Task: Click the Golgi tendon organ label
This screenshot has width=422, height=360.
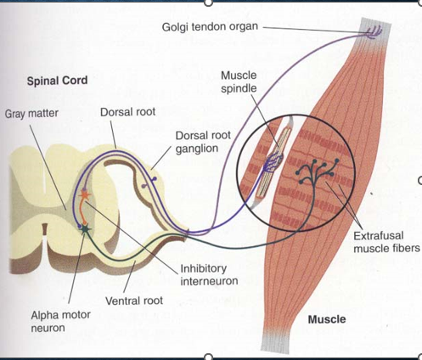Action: [210, 27]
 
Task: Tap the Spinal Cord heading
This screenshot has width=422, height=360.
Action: [57, 81]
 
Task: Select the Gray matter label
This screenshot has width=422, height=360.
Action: [31, 114]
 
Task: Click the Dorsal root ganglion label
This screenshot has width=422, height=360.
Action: [203, 142]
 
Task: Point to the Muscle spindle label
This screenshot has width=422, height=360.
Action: [239, 82]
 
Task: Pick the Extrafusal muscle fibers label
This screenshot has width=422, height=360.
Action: [386, 242]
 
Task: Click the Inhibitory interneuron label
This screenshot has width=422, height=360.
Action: [209, 274]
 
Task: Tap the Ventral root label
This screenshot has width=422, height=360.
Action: [134, 301]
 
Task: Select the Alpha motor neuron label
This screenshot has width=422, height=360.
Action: [60, 321]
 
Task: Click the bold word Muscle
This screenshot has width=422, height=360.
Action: [327, 319]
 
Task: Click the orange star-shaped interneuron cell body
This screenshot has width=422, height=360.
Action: [84, 194]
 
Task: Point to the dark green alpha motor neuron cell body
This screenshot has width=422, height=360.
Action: [85, 228]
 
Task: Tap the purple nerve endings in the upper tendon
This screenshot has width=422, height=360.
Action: [373, 32]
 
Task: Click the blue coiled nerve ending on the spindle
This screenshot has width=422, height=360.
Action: [273, 162]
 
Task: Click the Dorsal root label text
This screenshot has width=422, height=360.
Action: [127, 112]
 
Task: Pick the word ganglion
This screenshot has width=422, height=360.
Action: [197, 149]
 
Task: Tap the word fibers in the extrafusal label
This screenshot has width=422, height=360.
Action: [405, 248]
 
